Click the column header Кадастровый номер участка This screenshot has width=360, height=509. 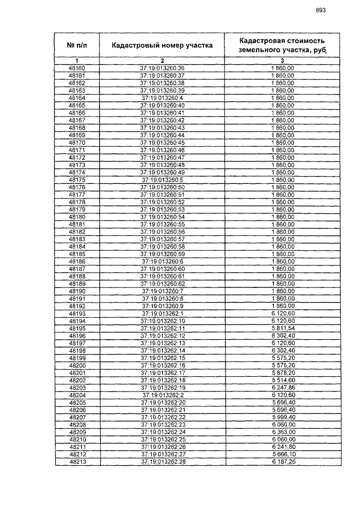point(161,46)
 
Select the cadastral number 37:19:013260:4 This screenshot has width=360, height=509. point(162,97)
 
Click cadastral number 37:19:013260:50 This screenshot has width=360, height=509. point(162,187)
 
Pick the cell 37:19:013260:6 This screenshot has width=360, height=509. point(162,262)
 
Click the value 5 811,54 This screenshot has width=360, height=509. point(282,328)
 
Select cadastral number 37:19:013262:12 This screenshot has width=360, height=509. point(162,336)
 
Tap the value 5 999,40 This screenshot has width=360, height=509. point(282,417)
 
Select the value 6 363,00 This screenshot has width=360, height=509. point(282,432)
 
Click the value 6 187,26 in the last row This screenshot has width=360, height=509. point(282,462)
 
